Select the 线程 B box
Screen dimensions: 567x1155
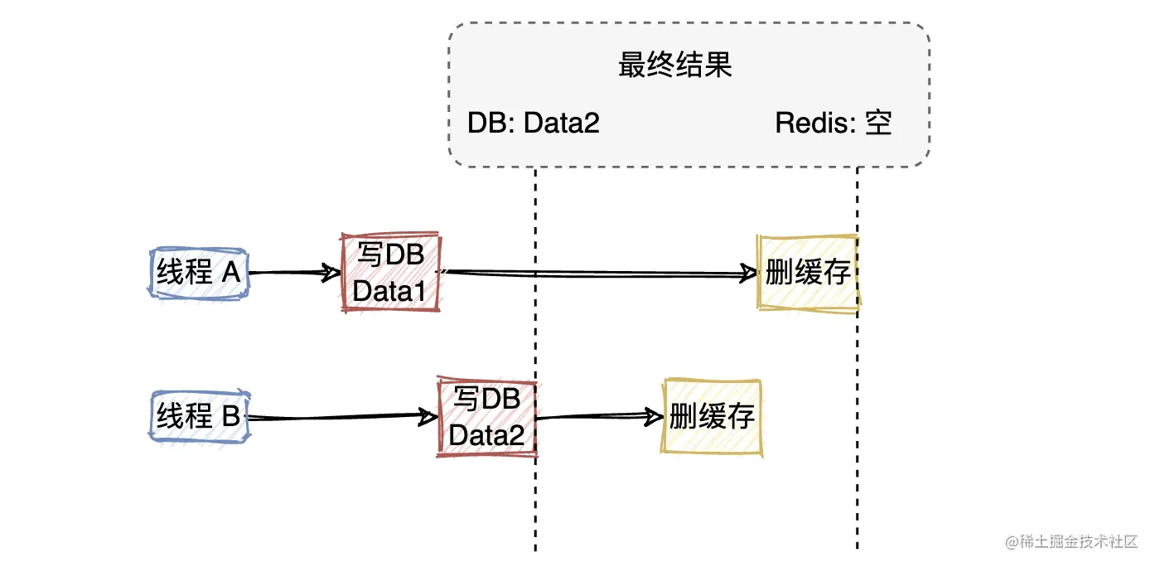[198, 416]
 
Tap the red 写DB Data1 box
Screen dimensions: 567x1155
[391, 273]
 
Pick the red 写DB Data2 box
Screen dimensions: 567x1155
[487, 417]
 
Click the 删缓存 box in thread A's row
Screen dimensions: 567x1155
[808, 273]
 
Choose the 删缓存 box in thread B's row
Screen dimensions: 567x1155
[712, 417]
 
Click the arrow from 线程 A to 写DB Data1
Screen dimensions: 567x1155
[294, 272]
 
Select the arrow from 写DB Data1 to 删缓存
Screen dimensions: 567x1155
[597, 274]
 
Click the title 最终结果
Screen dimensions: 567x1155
[675, 65]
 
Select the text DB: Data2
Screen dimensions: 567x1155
[534, 124]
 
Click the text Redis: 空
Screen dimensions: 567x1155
[834, 124]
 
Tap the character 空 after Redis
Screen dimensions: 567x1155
[878, 124]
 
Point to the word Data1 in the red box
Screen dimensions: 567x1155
[389, 291]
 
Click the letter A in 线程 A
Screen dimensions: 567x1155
[231, 273]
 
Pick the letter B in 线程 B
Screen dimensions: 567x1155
[231, 416]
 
